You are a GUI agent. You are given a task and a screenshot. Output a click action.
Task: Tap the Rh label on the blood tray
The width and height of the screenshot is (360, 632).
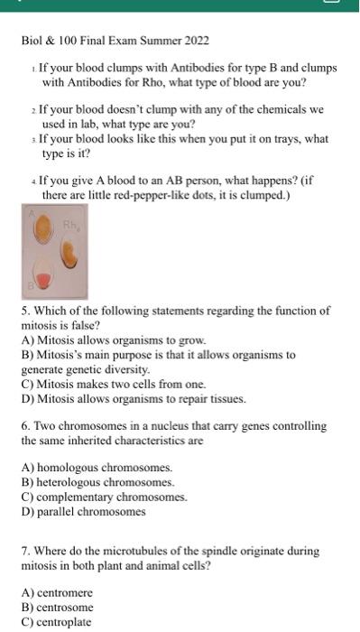pos(69,223)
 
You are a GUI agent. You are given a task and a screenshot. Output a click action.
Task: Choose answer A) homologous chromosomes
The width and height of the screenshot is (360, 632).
pos(97,468)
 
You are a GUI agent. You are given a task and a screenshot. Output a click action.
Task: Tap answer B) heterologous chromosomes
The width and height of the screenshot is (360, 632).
pos(99,482)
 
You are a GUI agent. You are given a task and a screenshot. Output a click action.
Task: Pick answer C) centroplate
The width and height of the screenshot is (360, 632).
pos(57,621)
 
